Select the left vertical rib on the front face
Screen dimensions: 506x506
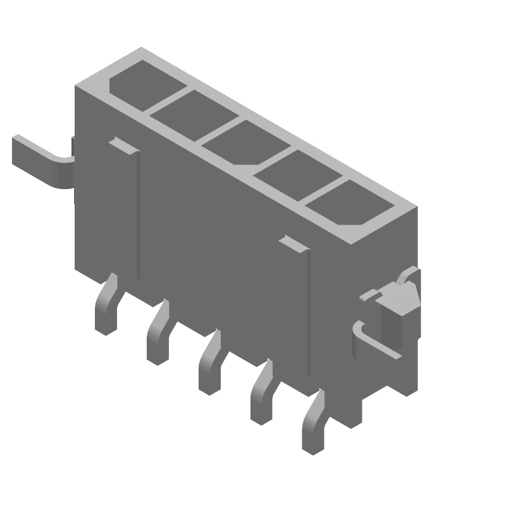coord(137,215)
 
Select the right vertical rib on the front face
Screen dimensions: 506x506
coord(308,316)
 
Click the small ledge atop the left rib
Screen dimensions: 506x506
coord(123,145)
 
